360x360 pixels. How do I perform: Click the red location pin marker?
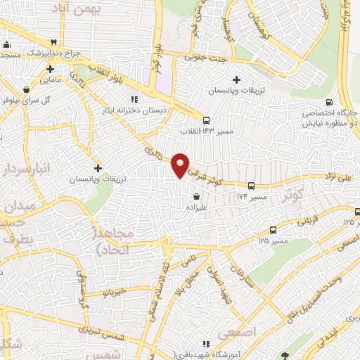tap(181, 165)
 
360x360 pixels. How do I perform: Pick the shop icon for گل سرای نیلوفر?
tap(26, 90)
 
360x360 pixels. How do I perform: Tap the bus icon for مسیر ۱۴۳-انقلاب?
tap(206, 120)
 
